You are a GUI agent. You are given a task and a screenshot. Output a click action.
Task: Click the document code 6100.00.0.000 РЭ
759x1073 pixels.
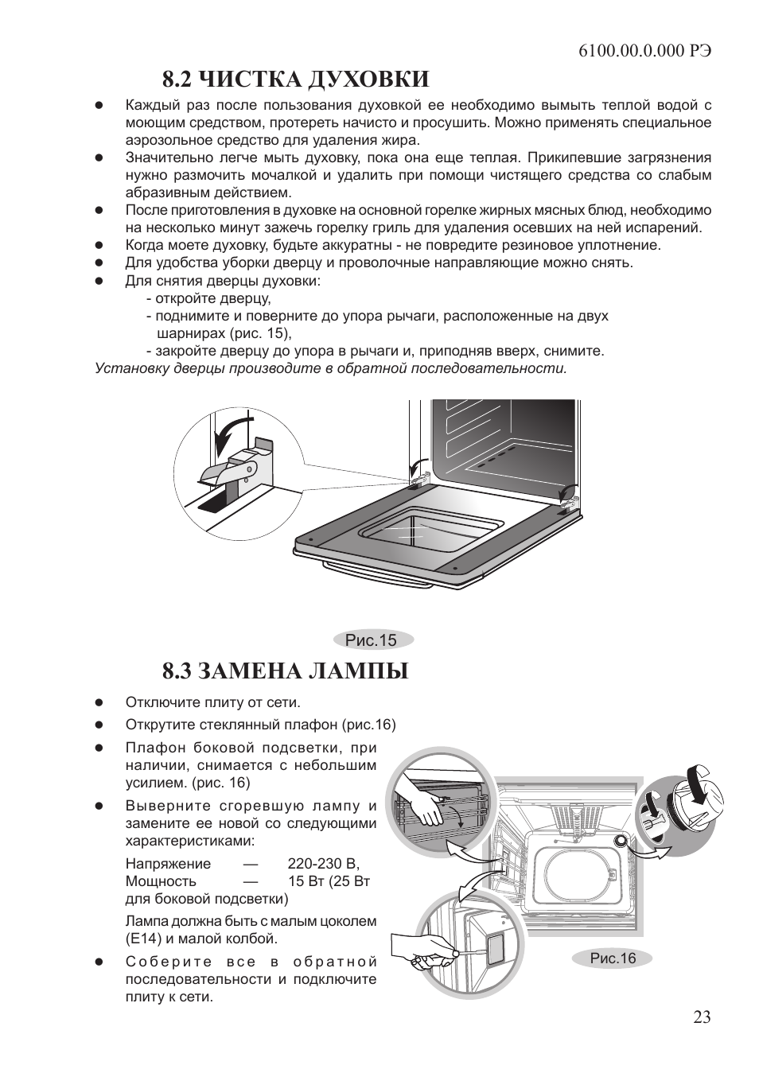[644, 49]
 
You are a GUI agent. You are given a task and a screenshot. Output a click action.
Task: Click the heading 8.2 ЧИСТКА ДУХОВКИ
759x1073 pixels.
[295, 79]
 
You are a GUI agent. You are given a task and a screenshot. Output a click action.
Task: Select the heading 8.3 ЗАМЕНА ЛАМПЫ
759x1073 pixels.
[285, 671]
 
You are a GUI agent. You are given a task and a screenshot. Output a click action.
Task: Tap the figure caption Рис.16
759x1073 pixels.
[613, 958]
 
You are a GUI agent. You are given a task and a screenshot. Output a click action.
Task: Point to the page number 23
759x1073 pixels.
[702, 1017]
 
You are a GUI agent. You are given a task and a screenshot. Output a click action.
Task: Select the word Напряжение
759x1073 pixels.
[169, 864]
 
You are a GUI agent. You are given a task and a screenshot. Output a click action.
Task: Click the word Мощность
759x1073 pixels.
[161, 881]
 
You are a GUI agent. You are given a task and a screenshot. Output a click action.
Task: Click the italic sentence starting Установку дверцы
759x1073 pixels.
[331, 368]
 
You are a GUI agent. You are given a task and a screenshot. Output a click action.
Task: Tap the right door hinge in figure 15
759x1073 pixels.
[567, 500]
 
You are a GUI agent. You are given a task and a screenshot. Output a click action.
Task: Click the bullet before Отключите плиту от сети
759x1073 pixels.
[100, 703]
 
